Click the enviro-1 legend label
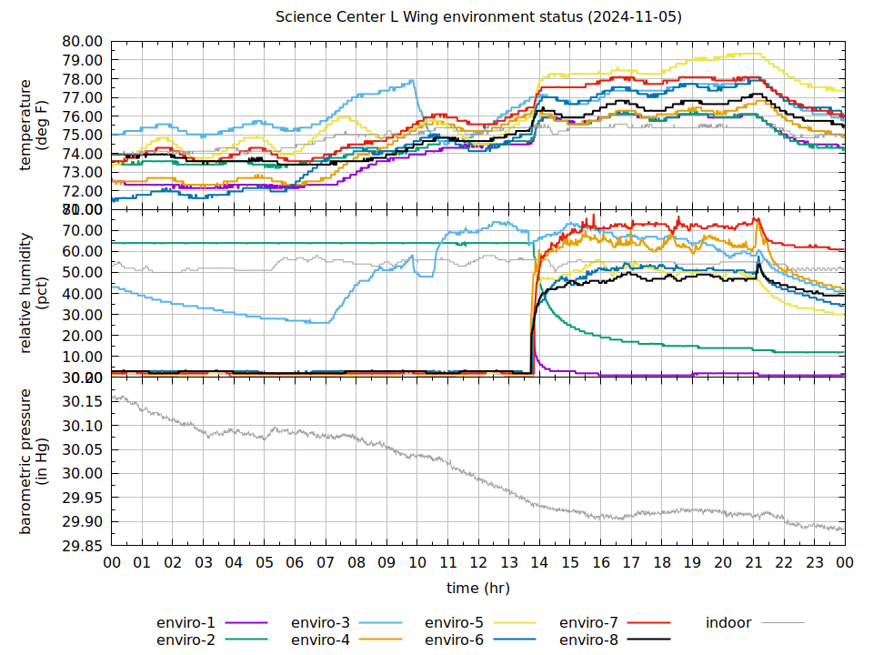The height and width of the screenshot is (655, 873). pyautogui.click(x=186, y=623)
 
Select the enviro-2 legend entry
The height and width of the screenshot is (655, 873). pyautogui.click(x=186, y=640)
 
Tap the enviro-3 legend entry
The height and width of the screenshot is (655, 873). pyautogui.click(x=320, y=623)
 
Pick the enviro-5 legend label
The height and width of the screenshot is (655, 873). pyautogui.click(x=455, y=623)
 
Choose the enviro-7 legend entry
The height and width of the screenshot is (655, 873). pyautogui.click(x=588, y=623)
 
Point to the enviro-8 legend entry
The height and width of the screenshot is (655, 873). pyautogui.click(x=588, y=640)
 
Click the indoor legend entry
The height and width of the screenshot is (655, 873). pyautogui.click(x=728, y=623)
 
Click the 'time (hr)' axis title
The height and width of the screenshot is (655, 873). pyautogui.click(x=478, y=588)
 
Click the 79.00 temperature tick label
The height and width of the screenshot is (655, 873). pyautogui.click(x=82, y=60)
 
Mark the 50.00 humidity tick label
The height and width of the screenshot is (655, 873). pyautogui.click(x=82, y=272)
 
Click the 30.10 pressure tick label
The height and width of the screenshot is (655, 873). pyautogui.click(x=82, y=426)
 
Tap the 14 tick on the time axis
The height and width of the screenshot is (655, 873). pyautogui.click(x=539, y=563)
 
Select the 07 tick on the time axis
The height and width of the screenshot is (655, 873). pyautogui.click(x=326, y=563)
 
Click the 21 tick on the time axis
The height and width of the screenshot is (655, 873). pyautogui.click(x=753, y=563)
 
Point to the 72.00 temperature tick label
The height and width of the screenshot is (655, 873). pyautogui.click(x=82, y=191)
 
